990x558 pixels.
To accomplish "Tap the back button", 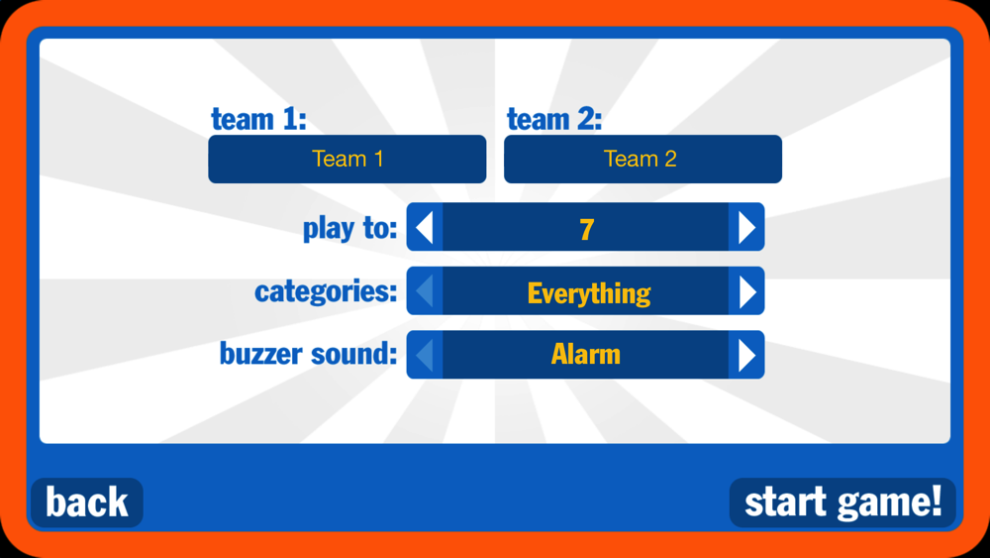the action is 87,502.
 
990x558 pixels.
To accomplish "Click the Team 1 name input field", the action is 347,159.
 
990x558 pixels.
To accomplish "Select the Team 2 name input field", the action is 643,159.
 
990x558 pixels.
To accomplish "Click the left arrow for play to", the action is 425,227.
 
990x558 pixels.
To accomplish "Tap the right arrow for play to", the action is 746,227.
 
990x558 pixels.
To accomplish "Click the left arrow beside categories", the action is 425,290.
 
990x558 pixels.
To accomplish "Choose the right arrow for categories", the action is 746,290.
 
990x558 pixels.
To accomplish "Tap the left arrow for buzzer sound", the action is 425,355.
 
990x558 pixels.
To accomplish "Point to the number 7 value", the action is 586,229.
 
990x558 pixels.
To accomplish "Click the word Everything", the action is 589,293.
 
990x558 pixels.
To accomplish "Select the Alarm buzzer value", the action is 586,354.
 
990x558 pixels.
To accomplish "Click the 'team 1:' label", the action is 258,119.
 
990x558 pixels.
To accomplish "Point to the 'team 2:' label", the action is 554,119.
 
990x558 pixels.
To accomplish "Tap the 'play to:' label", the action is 349,228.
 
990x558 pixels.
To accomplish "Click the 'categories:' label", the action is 326,291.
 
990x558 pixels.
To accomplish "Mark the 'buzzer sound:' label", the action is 308,354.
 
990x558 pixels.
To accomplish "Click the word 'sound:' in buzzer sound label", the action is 353,354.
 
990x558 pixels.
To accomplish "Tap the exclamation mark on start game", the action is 936,502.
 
